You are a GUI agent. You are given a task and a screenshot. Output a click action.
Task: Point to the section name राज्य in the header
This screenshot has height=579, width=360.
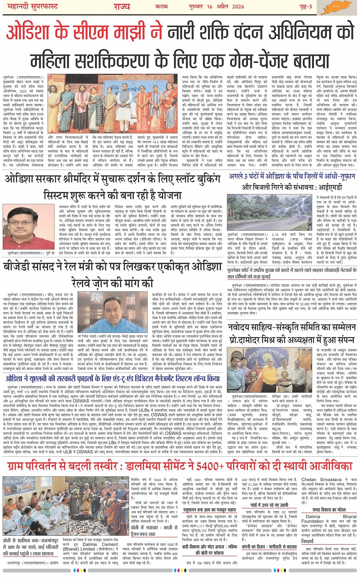(122, 6)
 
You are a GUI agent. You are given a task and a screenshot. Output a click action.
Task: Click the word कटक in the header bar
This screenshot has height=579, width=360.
(162, 6)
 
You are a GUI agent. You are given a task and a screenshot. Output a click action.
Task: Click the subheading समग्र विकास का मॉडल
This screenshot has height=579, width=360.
(329, 510)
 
